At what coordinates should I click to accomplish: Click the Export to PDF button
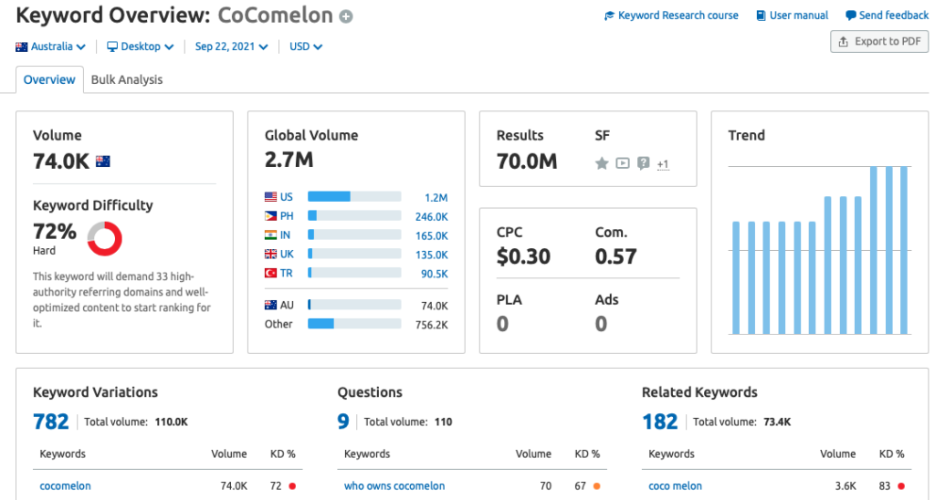(878, 41)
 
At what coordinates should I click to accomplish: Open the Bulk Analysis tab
(127, 79)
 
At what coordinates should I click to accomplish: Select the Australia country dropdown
(51, 47)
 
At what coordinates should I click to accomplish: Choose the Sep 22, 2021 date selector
(231, 47)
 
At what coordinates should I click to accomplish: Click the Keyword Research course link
(671, 16)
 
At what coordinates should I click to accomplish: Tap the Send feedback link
(887, 16)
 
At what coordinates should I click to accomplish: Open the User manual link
(792, 16)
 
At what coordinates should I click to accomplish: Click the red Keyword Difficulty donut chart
(104, 238)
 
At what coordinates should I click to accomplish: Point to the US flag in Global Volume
(271, 197)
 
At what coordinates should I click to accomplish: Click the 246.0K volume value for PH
(431, 217)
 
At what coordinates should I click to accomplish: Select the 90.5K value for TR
(434, 274)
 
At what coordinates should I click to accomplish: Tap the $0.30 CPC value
(523, 256)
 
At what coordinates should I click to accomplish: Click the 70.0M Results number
(526, 161)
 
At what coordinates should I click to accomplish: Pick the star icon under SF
(602, 163)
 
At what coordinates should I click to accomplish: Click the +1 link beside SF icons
(663, 164)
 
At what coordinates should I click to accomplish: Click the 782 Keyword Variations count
(51, 421)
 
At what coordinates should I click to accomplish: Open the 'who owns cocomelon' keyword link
(394, 486)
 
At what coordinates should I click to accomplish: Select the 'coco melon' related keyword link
(675, 486)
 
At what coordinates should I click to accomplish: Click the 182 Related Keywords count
(659, 421)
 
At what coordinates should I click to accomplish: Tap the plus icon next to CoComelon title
(345, 16)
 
